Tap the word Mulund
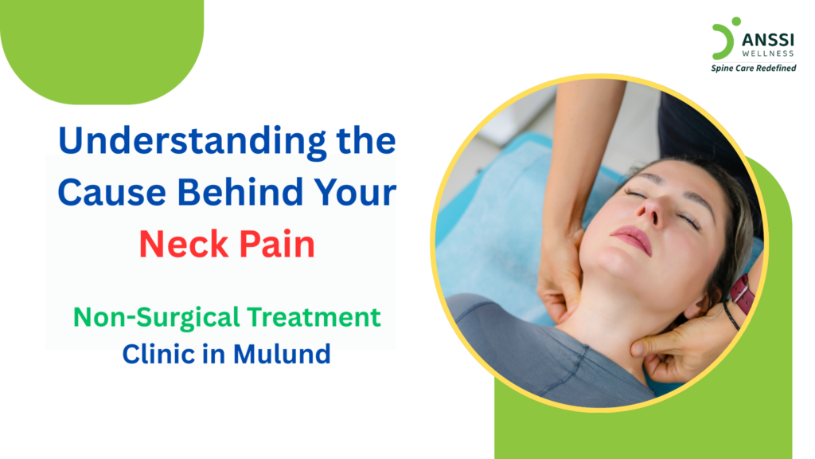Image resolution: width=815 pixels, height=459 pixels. click(283, 354)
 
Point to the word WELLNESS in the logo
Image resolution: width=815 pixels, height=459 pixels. click(761, 54)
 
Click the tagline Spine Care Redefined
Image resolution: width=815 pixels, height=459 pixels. click(753, 69)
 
